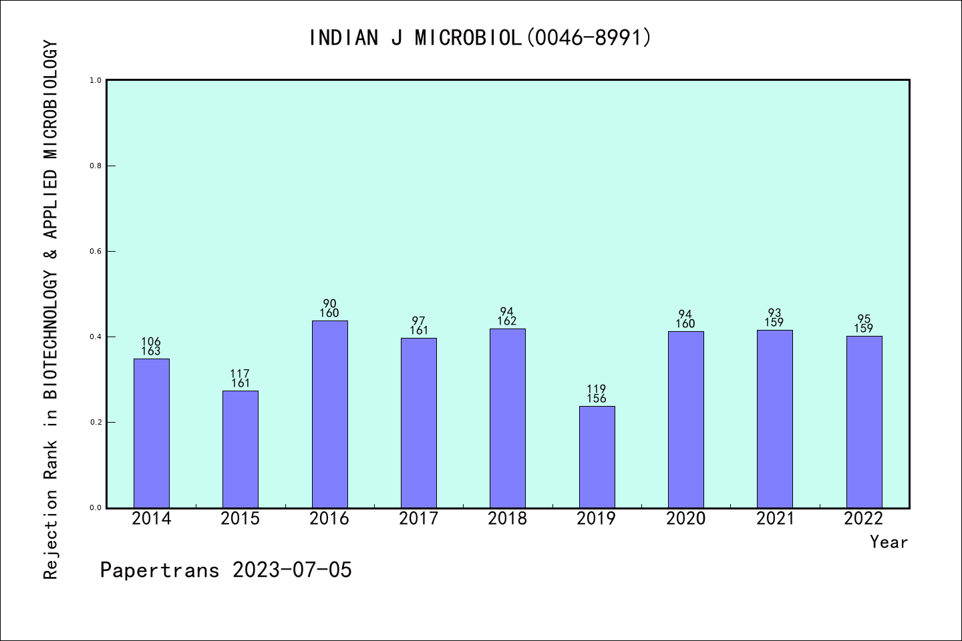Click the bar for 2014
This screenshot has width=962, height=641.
[x=151, y=433]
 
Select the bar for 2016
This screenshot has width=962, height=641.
[x=329, y=414]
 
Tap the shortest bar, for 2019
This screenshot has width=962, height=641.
[x=597, y=457]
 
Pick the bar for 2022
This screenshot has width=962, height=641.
[x=864, y=421]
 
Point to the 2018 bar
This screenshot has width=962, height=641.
[x=507, y=418]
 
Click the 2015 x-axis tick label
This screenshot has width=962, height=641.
[x=240, y=519]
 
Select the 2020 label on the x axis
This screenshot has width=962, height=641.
[x=685, y=519]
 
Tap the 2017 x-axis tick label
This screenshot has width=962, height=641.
[x=418, y=519]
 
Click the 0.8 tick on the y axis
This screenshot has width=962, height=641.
[x=96, y=166]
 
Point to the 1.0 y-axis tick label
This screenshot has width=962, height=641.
[x=96, y=80]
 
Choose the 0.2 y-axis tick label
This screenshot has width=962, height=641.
[x=96, y=422]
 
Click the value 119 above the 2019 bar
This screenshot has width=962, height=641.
[x=597, y=389]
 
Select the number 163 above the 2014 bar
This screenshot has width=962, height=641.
[x=151, y=351]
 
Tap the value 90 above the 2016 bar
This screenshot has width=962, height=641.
[x=329, y=304]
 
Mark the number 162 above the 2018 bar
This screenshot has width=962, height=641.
[x=507, y=321]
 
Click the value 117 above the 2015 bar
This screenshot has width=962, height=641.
[x=240, y=374]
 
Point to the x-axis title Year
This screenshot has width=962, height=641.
[x=889, y=542]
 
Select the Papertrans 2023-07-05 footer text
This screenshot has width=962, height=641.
[x=226, y=570]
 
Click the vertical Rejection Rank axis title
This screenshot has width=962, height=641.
[x=51, y=310]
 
